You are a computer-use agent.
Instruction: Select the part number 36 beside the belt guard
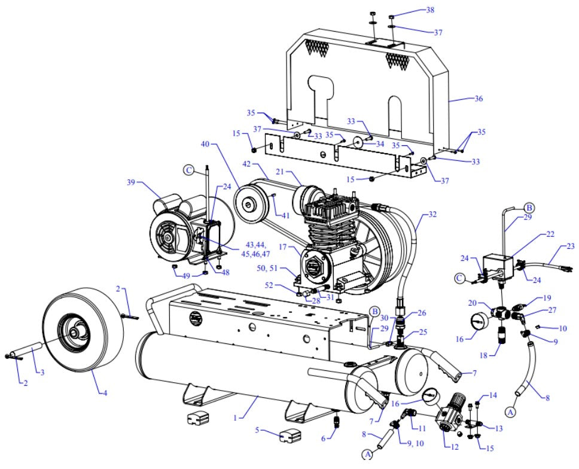tap(461, 99)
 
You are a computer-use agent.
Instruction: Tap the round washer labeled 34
tap(360, 143)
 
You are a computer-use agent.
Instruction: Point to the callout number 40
tap(205, 144)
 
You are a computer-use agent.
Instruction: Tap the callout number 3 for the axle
tap(42, 373)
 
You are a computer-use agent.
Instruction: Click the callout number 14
tap(493, 395)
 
